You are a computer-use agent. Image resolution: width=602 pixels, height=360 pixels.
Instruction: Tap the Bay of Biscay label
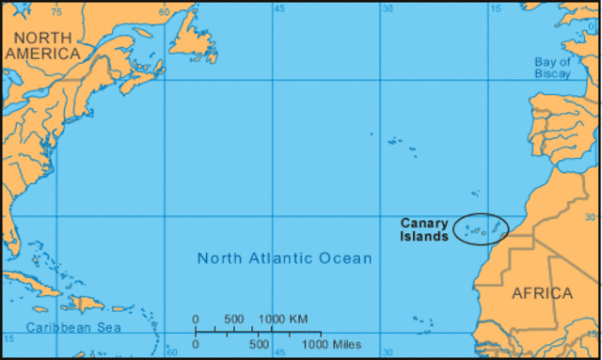click(552, 67)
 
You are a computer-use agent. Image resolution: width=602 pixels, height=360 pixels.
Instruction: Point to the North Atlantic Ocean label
click(284, 258)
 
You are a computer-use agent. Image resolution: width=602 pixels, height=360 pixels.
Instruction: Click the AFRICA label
click(542, 293)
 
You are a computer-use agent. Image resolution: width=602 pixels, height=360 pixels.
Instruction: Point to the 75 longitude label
click(56, 11)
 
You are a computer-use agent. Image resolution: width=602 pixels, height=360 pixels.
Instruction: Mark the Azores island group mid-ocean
click(400, 144)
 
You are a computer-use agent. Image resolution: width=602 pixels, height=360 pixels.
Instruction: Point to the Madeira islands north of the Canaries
click(475, 194)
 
